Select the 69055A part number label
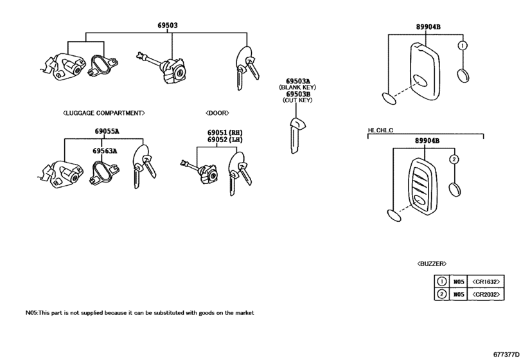point(108,131)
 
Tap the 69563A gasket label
point(104,151)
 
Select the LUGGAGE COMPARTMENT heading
point(104,113)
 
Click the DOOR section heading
point(217,113)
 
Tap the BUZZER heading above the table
point(432,264)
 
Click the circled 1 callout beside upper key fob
point(462,46)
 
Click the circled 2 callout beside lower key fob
point(454,159)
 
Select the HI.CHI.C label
point(381,130)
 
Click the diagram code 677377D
point(506,354)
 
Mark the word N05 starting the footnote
point(31,313)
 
